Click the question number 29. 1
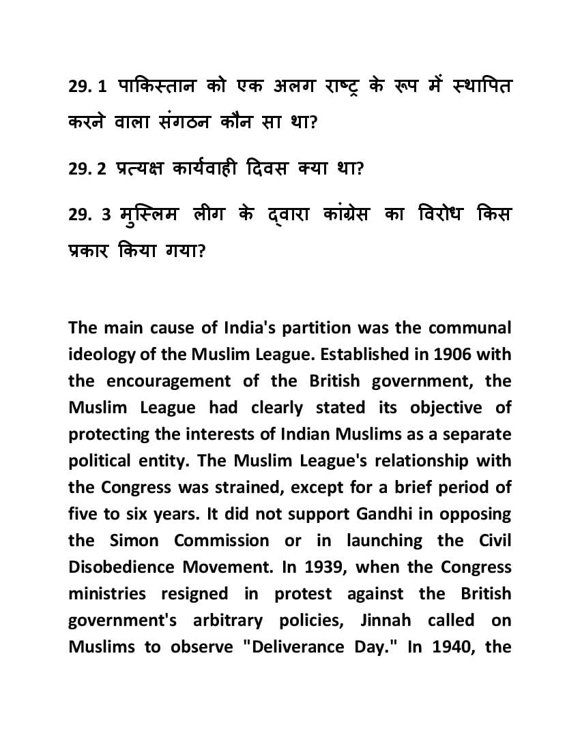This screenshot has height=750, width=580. click(88, 88)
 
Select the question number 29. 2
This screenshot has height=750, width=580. click(88, 168)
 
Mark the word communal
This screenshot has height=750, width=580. click(469, 328)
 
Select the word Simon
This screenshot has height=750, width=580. click(134, 541)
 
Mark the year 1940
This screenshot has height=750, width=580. click(452, 647)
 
